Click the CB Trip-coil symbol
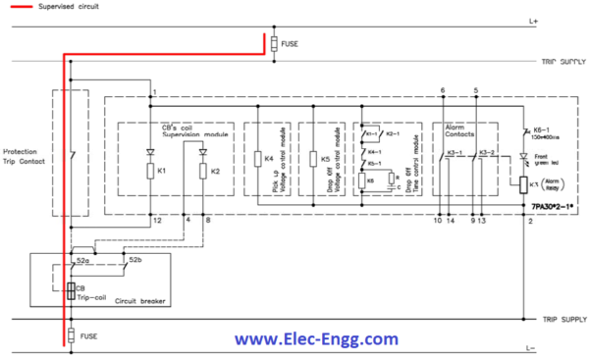(x=71, y=291)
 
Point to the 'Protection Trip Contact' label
(x=26, y=158)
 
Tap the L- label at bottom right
(x=561, y=349)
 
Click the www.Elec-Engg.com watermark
(x=316, y=339)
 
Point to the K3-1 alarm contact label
(x=453, y=153)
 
